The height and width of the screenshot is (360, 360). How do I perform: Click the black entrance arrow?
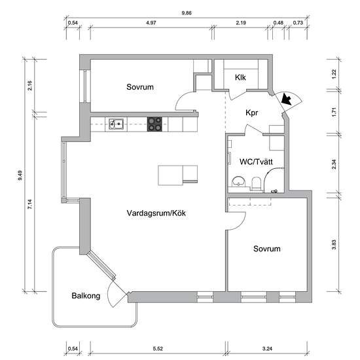[286, 99]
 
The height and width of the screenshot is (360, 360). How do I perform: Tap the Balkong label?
[86, 296]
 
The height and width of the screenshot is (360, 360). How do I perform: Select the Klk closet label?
[240, 77]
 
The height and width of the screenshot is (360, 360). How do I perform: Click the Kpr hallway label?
[251, 113]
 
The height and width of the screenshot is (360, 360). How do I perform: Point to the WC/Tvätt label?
[256, 162]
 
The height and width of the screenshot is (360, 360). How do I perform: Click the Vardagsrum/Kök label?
[156, 213]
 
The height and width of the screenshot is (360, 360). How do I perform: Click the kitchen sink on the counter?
[116, 124]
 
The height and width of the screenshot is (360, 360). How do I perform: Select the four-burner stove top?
[154, 124]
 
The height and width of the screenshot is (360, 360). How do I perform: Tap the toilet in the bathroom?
[256, 184]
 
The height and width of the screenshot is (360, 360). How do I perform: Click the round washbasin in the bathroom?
[238, 181]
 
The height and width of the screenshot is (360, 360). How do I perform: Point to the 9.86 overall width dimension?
[187, 13]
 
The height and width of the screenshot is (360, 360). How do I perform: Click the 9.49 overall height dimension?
[20, 175]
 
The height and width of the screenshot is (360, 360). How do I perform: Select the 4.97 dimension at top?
[151, 23]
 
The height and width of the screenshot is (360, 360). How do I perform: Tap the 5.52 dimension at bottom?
[158, 349]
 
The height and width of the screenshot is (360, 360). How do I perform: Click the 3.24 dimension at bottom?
[267, 349]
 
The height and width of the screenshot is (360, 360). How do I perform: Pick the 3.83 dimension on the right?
[334, 245]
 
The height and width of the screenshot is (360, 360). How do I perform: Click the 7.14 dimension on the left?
[30, 204]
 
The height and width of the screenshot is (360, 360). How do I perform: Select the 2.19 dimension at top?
[241, 23]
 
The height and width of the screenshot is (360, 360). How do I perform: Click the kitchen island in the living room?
[177, 175]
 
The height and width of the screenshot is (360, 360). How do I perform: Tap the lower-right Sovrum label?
[267, 249]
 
